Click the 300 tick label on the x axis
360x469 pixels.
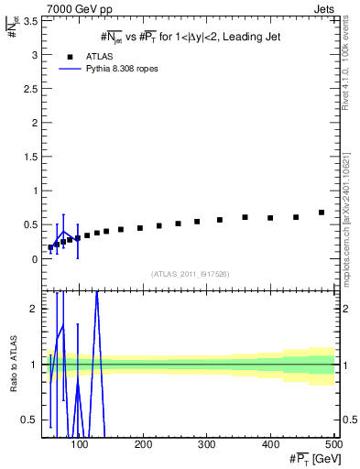206,444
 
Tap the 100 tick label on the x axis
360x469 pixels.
80,444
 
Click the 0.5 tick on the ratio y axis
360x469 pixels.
30,420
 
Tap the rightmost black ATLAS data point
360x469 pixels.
322,213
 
